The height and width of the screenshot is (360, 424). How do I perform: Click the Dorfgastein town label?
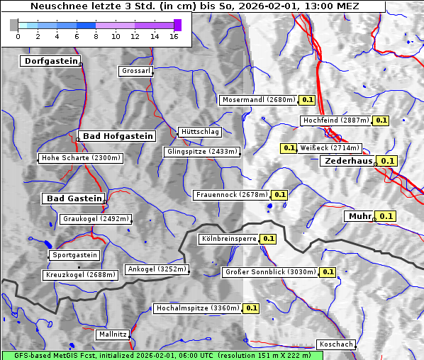pos(50,62)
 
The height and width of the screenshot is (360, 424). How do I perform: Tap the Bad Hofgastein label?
pos(117,136)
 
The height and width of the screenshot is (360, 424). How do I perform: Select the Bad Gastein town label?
pos(74,198)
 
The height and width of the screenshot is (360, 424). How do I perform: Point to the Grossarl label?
pos(135,72)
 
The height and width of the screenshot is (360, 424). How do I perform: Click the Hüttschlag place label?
pos(200,132)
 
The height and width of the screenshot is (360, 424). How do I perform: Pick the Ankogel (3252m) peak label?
pos(157,269)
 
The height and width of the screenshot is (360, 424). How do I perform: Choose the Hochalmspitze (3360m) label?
pos(198,308)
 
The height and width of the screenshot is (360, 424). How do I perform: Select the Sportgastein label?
pos(74,255)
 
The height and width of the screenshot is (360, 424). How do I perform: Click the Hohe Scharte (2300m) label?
pos(81,158)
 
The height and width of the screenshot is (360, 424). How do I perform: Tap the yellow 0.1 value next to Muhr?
pos(386,216)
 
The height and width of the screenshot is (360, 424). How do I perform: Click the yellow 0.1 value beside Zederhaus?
pos(387,161)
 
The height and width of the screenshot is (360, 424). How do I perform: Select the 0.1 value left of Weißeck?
pos(289,148)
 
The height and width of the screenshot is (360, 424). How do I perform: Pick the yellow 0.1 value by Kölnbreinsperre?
pos(268,239)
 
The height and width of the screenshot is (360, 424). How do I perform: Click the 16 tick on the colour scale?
pos(173,36)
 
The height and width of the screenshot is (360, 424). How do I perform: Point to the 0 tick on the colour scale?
pos(18,36)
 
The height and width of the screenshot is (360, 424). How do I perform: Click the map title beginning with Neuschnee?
pos(194,6)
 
